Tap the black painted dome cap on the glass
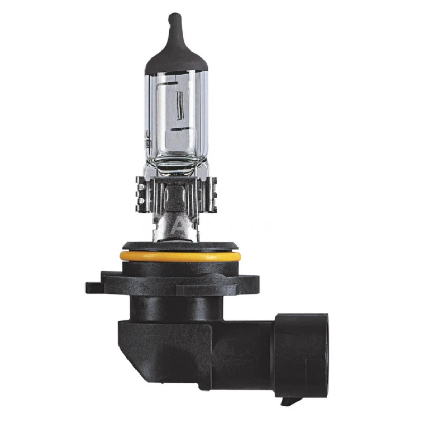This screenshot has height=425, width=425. pos(176,56)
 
